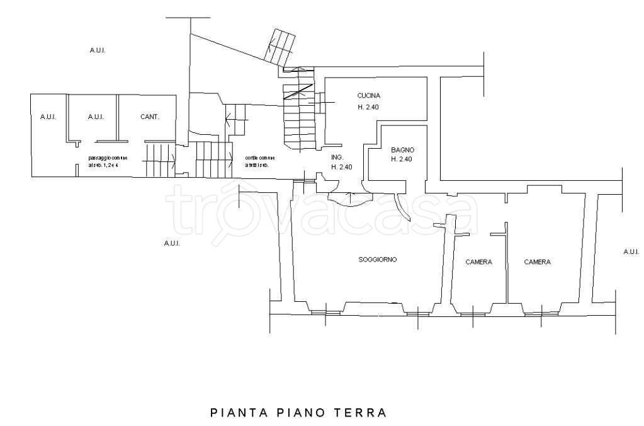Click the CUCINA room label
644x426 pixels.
click(368, 96)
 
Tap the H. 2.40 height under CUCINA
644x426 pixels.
click(368, 107)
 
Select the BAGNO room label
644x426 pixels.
click(402, 150)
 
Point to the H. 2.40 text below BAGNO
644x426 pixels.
click(401, 159)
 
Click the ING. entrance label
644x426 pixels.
click(337, 158)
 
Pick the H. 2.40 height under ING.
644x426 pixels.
click(341, 167)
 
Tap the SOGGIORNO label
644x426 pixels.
click(378, 260)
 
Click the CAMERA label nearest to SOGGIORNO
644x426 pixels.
click(478, 262)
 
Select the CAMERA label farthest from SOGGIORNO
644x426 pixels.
click(537, 262)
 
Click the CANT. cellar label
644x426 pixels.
click(149, 117)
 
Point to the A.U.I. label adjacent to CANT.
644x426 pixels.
click(96, 117)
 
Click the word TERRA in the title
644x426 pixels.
click(363, 413)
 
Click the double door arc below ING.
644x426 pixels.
click(346, 197)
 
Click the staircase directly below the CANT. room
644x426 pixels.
click(159, 160)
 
